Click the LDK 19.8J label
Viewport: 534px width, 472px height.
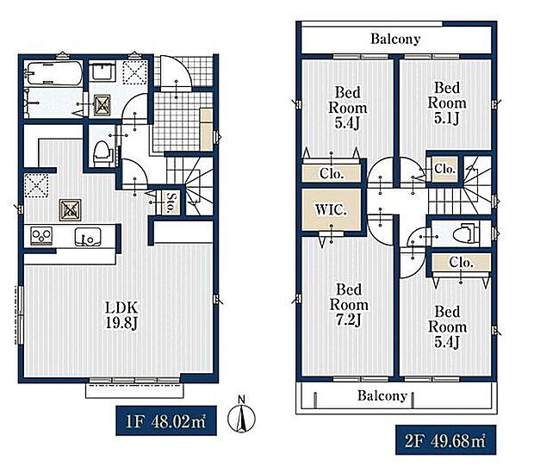click(x=121, y=315)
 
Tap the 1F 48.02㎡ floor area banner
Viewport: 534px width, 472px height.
click(x=166, y=421)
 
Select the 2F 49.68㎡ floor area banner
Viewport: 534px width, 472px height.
click(x=445, y=440)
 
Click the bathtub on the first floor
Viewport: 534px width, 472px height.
click(x=55, y=73)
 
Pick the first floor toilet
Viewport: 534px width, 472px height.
click(x=102, y=154)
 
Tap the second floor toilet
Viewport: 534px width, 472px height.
click(x=466, y=233)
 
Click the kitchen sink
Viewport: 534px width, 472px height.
click(x=88, y=236)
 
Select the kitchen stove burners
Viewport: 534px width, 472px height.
click(x=41, y=235)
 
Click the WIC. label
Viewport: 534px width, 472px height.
click(x=331, y=209)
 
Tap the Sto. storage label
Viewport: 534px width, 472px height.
click(x=171, y=202)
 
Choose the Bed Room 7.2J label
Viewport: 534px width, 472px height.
click(x=349, y=305)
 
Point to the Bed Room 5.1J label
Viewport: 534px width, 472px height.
click(x=447, y=103)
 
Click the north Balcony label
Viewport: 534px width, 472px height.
click(x=395, y=39)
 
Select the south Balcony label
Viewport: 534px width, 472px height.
click(x=382, y=395)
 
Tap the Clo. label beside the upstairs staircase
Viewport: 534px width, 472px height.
click(x=444, y=169)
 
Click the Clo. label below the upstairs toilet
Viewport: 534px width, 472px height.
click(x=461, y=262)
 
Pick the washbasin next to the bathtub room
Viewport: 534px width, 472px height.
click(x=102, y=71)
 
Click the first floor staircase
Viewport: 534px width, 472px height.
click(x=189, y=185)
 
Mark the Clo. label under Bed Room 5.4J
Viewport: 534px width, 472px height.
click(x=332, y=174)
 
